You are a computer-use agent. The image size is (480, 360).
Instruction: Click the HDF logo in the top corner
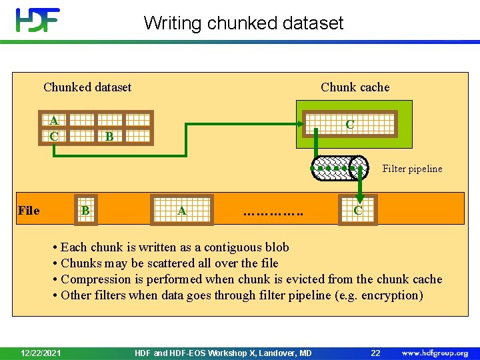tap(38, 21)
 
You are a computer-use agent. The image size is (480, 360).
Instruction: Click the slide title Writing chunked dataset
tap(243, 23)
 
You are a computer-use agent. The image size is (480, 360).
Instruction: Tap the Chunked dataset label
tap(87, 87)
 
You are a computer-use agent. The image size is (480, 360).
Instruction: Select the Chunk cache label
tap(355, 87)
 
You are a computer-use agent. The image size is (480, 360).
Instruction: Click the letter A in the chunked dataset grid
tap(53, 121)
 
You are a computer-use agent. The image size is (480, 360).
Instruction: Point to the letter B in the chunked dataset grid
tap(109, 137)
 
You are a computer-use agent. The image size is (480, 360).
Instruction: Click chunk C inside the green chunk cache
tap(349, 125)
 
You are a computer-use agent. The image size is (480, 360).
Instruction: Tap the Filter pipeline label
tap(412, 169)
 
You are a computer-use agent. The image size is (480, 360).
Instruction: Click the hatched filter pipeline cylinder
tap(340, 168)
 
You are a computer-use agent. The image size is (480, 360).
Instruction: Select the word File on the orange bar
tap(29, 211)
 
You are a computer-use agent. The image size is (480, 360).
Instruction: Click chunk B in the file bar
tap(85, 211)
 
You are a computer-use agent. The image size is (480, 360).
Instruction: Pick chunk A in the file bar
tap(181, 211)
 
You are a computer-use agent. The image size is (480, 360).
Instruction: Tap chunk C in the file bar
tap(358, 211)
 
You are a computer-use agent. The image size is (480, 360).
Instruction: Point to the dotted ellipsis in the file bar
tap(273, 213)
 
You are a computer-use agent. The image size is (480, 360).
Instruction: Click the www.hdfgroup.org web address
tap(435, 353)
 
